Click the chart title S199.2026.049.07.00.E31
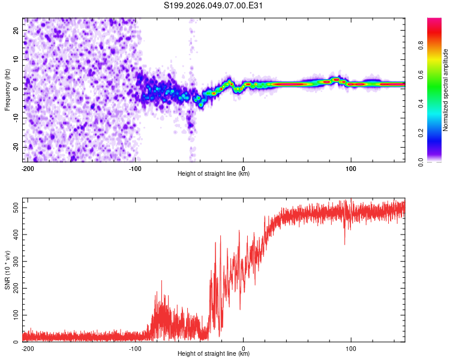point(214,6)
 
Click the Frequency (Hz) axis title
point(7,89)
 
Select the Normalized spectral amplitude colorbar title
point(446,90)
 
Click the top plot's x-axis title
point(214,173)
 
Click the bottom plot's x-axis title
point(214,353)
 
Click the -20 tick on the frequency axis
point(15,147)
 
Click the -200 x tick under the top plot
point(27,168)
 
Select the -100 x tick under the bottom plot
point(135,348)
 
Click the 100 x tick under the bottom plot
point(351,348)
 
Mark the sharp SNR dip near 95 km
point(344,243)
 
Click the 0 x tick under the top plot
point(243,168)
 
